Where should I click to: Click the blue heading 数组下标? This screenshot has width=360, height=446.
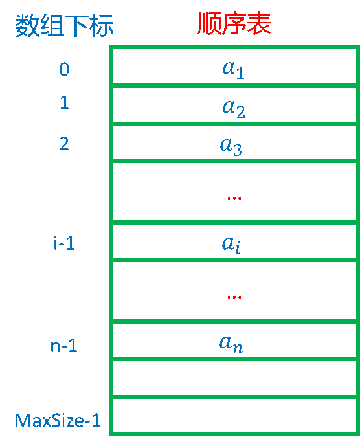pos(64,26)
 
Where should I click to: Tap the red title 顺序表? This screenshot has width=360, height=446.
pos(234,23)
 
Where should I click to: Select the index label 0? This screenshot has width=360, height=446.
pos(64,69)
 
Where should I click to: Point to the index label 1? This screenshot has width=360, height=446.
pos(64,103)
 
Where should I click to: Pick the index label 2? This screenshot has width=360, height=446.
pos(64,144)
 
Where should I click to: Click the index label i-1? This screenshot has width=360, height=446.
pos(64,243)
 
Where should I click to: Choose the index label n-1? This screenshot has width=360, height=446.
pos(63,346)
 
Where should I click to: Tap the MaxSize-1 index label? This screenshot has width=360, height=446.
pos(58,420)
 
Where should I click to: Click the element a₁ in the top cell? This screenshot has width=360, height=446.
pos(234,70)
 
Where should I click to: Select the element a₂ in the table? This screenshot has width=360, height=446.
pos(234,108)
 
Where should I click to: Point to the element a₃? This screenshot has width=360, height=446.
pos(231,146)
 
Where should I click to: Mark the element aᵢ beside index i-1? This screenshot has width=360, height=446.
pos(231,245)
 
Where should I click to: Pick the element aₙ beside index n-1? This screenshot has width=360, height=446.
pos(231,344)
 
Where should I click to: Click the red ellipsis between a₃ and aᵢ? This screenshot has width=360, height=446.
pos(234,198)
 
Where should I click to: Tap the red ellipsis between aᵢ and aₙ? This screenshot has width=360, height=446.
pos(234,297)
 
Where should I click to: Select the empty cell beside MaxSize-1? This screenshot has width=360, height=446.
pos(234,416)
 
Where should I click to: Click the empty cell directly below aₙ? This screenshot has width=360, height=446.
pos(234,378)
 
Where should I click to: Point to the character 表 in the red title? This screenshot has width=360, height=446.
pos(259,23)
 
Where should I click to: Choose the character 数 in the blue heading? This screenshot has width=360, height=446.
pos(27,26)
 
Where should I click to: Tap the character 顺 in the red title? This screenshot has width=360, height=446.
pos(210,23)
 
